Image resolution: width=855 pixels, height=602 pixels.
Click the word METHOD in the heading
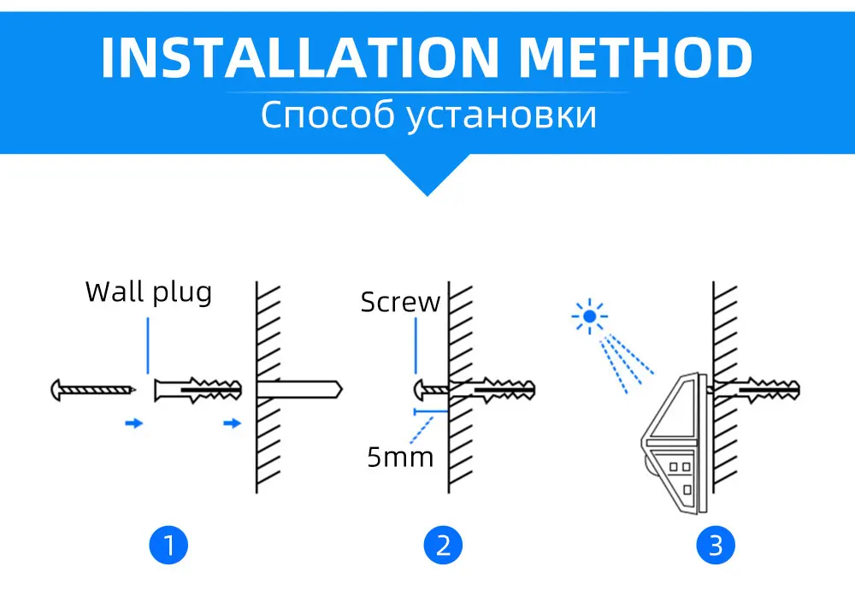tap(636, 57)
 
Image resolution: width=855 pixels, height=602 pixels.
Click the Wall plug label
tap(148, 292)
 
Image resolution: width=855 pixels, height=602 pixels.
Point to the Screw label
tap(400, 302)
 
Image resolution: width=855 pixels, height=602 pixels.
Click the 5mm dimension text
tap(400, 456)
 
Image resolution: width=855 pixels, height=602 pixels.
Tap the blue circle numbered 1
tap(168, 545)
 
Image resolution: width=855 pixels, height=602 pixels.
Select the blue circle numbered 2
tap(443, 545)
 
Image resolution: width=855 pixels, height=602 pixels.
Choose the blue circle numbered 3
tap(716, 545)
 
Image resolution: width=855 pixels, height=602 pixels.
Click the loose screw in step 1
tap(93, 391)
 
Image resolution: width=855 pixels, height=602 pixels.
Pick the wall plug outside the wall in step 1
tap(198, 391)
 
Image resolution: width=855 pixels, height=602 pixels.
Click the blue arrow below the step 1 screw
tap(133, 422)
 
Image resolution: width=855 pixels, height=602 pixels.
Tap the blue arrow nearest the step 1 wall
tap(232, 422)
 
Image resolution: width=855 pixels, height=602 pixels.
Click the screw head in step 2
tap(421, 390)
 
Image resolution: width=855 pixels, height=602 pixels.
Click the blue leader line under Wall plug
tap(148, 345)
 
